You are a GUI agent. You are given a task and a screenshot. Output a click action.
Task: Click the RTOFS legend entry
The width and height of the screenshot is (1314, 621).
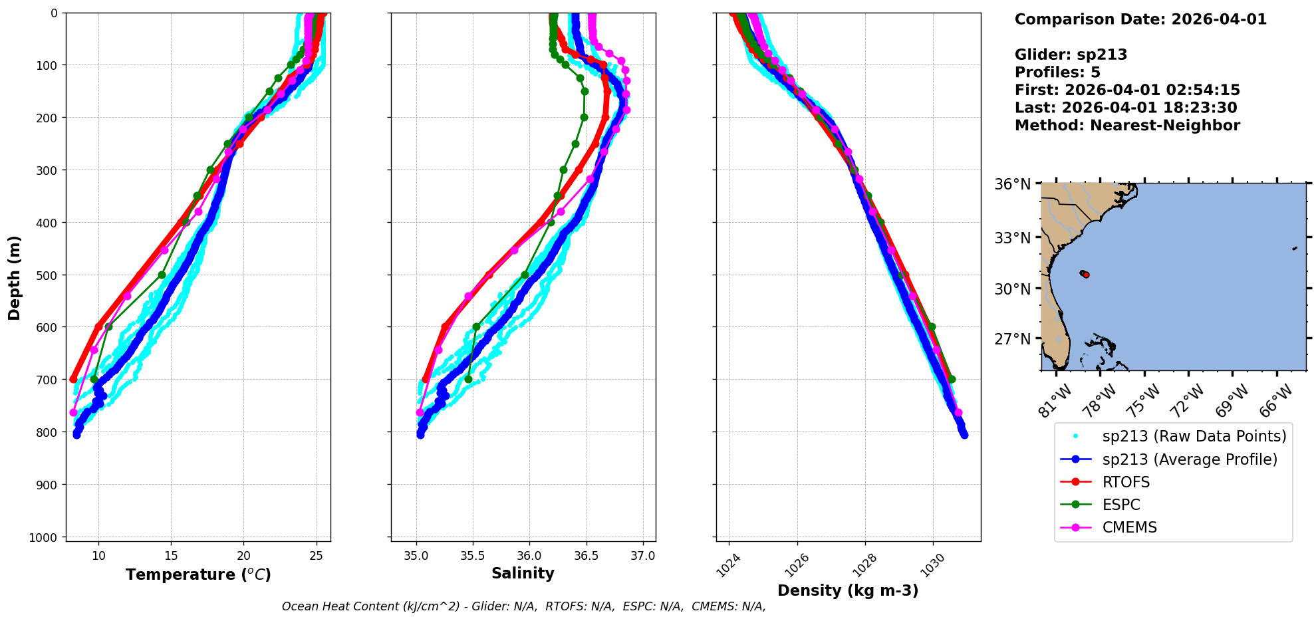click(1125, 482)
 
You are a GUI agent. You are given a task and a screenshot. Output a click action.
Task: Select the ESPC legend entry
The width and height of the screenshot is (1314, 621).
click(1120, 505)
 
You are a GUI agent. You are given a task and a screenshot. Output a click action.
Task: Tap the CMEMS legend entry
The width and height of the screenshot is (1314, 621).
click(1129, 527)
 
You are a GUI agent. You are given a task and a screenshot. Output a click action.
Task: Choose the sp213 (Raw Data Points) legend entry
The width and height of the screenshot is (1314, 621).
click(1194, 436)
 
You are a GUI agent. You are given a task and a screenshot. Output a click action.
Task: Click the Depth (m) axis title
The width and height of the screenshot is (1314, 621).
click(15, 277)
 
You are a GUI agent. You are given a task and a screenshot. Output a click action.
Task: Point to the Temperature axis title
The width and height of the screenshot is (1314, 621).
click(198, 574)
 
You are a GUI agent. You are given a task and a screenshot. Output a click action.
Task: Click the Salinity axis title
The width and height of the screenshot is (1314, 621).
click(523, 573)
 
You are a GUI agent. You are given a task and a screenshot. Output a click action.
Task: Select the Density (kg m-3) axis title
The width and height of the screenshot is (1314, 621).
click(848, 590)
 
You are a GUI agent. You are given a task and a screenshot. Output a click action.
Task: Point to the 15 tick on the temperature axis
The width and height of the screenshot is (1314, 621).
click(171, 556)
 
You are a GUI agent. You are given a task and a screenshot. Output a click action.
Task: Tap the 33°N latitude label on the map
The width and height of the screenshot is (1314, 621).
click(1012, 237)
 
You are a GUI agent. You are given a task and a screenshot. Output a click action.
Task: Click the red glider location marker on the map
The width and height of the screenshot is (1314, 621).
click(1086, 275)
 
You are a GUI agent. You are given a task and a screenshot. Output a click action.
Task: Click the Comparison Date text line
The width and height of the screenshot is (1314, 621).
click(1140, 19)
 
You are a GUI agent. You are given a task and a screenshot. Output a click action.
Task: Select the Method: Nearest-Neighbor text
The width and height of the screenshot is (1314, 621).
click(1127, 126)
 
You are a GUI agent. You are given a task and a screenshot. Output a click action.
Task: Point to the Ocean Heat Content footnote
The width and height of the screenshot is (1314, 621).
click(523, 606)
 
